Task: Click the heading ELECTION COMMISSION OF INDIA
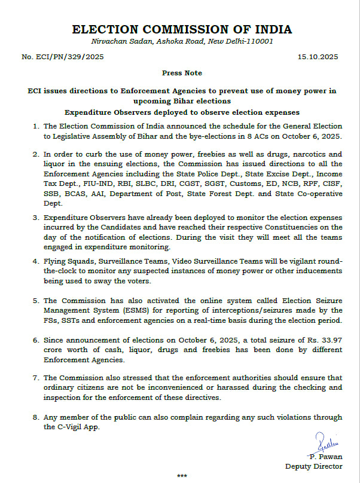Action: point(181,29)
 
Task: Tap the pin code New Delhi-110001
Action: point(245,42)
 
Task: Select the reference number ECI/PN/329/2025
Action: point(73,57)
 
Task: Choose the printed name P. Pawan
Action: point(327,456)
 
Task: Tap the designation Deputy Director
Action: point(313,466)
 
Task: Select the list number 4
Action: point(35,261)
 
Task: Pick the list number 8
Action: point(35,417)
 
